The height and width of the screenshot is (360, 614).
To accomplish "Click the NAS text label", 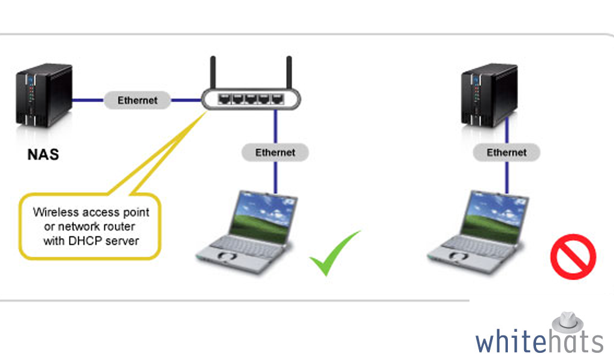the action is (x=43, y=154).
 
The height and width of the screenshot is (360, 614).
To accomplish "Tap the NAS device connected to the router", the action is (x=44, y=95).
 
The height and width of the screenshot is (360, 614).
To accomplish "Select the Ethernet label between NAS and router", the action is (x=137, y=100).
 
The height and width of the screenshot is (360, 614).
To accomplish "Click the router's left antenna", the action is (x=213, y=73).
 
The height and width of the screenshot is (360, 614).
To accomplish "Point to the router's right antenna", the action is (x=289, y=73).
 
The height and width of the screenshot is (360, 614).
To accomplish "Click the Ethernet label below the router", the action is (x=275, y=152).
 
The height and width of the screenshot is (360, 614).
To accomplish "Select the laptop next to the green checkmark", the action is (x=246, y=233).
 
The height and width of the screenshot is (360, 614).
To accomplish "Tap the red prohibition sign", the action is (x=573, y=257).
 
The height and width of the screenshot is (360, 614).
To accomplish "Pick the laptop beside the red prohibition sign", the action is (x=478, y=233).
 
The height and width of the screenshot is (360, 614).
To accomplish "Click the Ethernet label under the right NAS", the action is (x=507, y=152).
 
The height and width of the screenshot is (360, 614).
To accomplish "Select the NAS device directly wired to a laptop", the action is (x=489, y=95).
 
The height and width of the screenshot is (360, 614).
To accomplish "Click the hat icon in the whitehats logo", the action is (x=567, y=322).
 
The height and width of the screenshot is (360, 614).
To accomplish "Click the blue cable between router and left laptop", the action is (x=276, y=152).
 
